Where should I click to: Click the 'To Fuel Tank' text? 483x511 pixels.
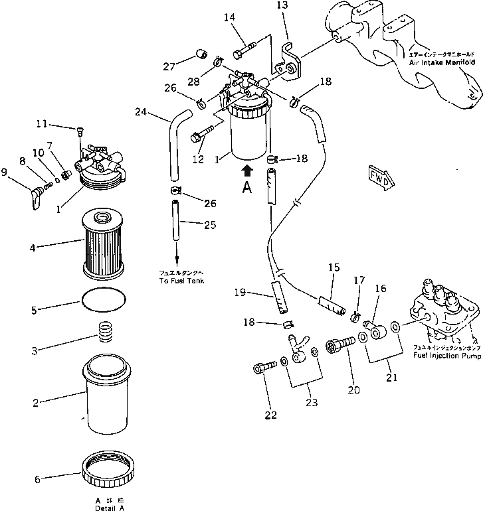pyautogui.click(x=177, y=281)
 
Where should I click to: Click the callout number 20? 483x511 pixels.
pyautogui.click(x=353, y=390)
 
